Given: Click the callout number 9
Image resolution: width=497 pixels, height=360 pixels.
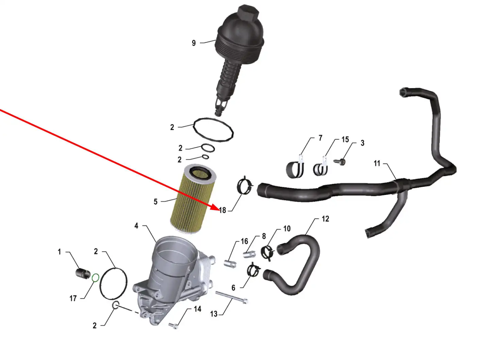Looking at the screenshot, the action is pyautogui.click(x=194, y=43).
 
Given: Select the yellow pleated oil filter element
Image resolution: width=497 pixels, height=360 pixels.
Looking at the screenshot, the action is pyautogui.click(x=193, y=199).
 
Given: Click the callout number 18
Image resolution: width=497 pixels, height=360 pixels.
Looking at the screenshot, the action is pyautogui.click(x=223, y=210).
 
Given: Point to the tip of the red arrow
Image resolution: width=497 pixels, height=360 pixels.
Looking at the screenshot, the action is pyautogui.click(x=219, y=209).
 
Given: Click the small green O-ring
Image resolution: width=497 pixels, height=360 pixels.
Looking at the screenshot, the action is pyautogui.click(x=96, y=278).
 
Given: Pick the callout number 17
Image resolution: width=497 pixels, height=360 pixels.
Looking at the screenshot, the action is pyautogui.click(x=73, y=299).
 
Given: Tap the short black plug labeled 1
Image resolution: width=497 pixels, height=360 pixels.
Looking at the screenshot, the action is pyautogui.click(x=83, y=273).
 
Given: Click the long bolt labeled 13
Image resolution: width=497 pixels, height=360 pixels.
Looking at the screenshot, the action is pyautogui.click(x=232, y=298).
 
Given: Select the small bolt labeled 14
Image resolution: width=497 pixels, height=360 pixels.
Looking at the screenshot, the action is pyautogui.click(x=173, y=326).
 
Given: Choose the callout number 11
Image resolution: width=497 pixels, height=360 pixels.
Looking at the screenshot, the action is pyautogui.click(x=377, y=163).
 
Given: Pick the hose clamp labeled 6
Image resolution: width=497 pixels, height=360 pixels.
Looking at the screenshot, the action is pyautogui.click(x=253, y=271).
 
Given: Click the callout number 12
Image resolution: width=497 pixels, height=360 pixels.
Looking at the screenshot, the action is pyautogui.click(x=325, y=219).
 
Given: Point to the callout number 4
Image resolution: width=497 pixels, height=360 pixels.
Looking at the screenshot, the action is pyautogui.click(x=136, y=226).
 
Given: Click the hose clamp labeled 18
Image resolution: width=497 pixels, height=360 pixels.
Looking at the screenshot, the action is pyautogui.click(x=245, y=187).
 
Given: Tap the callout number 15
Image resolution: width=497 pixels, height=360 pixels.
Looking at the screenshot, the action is pyautogui.click(x=345, y=140).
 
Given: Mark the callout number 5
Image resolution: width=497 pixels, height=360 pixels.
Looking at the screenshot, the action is pyautogui.click(x=156, y=202).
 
